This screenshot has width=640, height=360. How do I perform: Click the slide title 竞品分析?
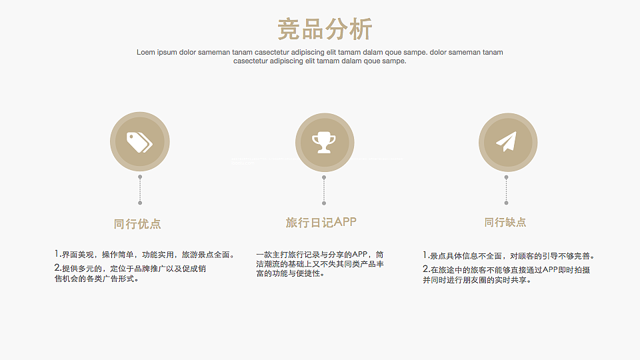point(325,29)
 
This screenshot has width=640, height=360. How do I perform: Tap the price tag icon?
point(139,141)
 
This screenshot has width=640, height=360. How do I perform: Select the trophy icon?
point(324,141)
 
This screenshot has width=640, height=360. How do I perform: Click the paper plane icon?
point(506,141)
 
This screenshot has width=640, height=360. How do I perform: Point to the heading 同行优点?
point(137,224)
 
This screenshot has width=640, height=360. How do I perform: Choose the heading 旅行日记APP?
point(321,222)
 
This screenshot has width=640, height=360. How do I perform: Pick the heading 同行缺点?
point(505,223)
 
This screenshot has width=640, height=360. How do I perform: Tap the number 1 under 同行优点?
point(57,254)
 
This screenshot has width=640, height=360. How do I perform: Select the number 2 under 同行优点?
point(57,268)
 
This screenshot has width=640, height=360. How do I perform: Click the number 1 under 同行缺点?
point(425,255)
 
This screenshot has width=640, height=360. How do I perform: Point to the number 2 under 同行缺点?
point(425,269)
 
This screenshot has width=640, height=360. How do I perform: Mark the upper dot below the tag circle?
point(140,177)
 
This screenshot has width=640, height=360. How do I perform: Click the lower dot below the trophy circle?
point(324,203)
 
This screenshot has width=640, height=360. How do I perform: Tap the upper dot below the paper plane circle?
point(506,177)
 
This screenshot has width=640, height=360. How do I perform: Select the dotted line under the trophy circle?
point(324,190)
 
